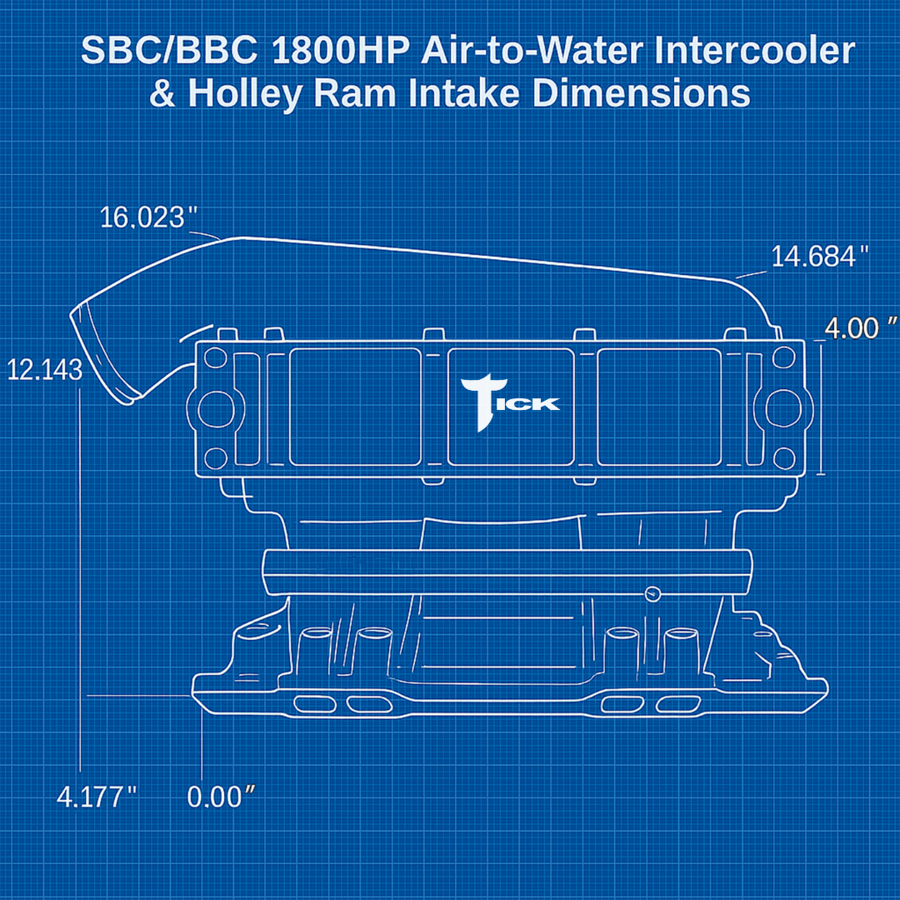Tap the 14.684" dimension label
click(820, 256)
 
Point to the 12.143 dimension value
click(44, 369)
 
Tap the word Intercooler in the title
click(754, 52)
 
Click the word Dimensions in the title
click(641, 94)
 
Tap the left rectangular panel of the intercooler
click(355, 407)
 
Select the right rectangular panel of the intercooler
click(658, 407)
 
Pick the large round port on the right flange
click(782, 407)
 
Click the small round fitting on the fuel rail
click(652, 593)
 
